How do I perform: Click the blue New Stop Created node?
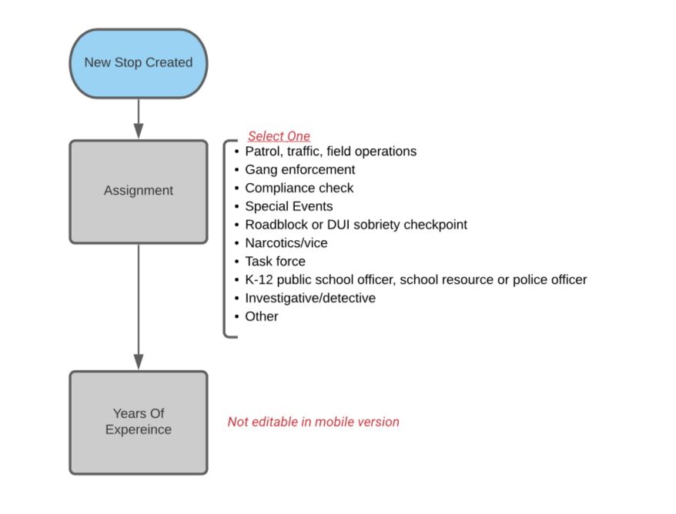point(139,63)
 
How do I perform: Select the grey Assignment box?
point(139,192)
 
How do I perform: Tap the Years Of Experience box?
point(139,422)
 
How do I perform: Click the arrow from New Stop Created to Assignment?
point(139,119)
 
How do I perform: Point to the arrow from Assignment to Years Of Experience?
point(139,307)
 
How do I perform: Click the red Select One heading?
point(279,136)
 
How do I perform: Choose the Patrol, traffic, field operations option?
point(330,152)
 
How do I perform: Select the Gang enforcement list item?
point(300,170)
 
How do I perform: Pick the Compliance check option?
point(300,188)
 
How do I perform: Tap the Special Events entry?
point(289,206)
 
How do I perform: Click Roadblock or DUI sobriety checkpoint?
point(356,225)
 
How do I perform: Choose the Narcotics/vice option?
point(286,243)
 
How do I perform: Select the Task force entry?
point(275,261)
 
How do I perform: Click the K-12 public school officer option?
point(416,279)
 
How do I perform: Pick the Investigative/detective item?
point(310,298)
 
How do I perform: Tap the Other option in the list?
point(262,316)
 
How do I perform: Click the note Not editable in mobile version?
point(313,422)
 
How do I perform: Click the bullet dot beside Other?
point(236,317)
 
